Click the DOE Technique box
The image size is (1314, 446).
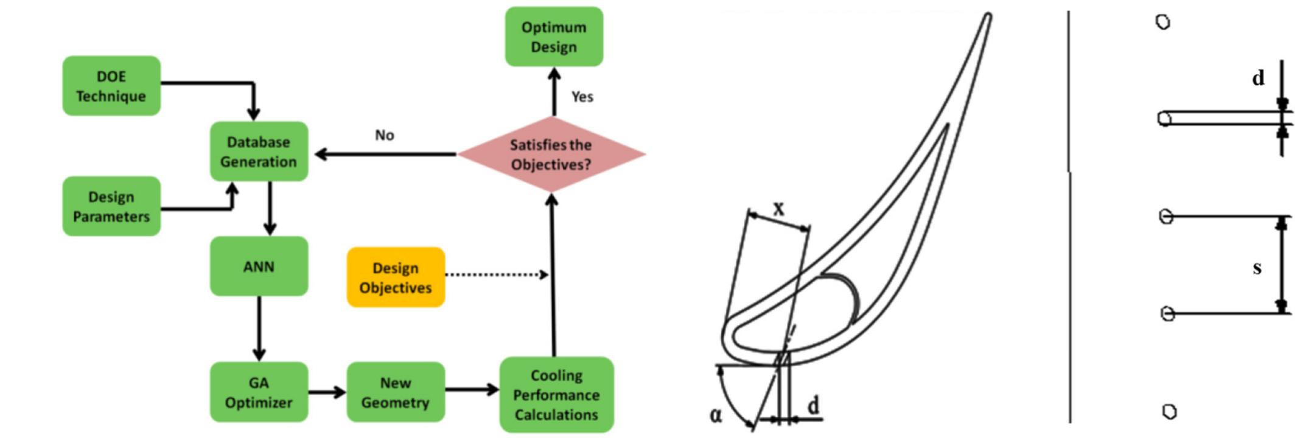111,86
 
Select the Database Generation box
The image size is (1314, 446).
259,152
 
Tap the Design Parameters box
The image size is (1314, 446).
111,206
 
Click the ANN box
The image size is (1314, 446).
259,267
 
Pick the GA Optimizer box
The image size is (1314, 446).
259,392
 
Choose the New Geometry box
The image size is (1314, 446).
396,392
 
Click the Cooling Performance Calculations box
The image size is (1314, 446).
556,395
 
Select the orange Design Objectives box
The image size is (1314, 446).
396,277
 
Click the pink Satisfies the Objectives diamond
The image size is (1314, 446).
551,155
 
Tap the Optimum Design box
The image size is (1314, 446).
554,37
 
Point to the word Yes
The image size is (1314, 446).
582,97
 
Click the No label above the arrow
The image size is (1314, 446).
384,135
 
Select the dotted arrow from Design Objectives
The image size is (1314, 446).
496,275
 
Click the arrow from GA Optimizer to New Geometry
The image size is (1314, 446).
327,392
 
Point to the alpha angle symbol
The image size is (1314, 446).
716,416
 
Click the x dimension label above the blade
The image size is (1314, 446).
778,209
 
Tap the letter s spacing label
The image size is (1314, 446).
1257,267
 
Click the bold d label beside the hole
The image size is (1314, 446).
1258,78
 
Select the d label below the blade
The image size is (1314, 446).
814,405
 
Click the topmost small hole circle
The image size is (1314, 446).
1162,23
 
